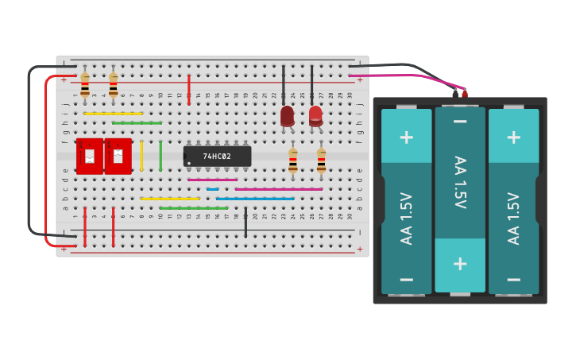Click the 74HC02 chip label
216,157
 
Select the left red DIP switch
90,156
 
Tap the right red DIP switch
118,156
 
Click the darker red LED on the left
287,115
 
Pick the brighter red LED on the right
315,115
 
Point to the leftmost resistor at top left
85,83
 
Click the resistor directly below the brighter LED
321,161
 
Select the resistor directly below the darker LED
293,161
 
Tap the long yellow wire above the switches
113,114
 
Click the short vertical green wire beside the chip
160,156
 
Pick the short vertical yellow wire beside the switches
141,156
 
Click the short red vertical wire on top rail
188,89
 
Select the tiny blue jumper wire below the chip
212,189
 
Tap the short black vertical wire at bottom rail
245,223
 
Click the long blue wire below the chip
255,199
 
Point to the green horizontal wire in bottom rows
194,208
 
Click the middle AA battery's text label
459,182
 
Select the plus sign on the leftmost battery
406,137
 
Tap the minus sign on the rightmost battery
513,279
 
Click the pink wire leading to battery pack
397,76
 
